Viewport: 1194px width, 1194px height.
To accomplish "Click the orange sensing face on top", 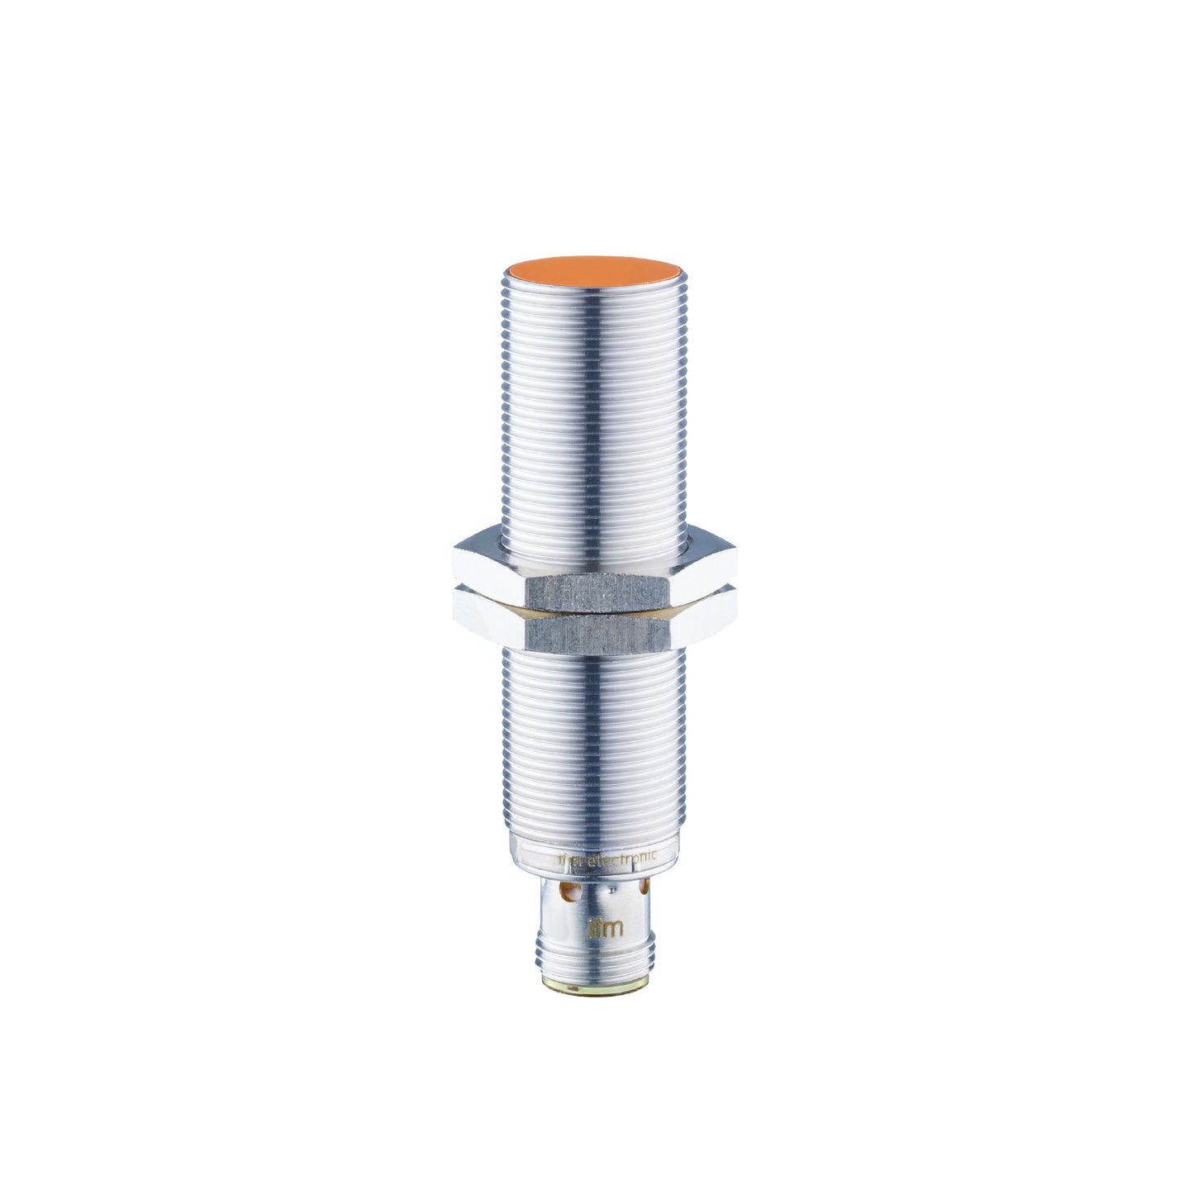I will point(593,270).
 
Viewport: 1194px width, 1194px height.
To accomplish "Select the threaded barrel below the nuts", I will point(593,744).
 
